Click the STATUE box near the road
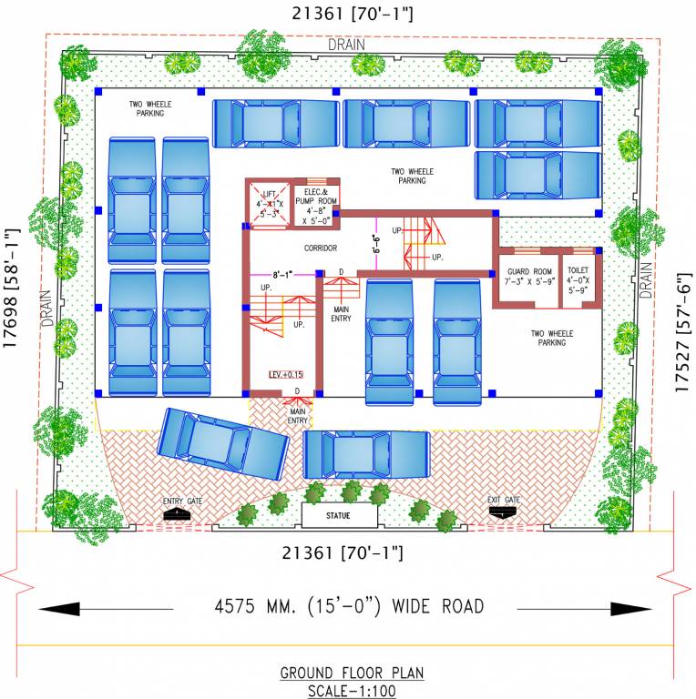tap(339, 515)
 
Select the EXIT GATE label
tap(503, 501)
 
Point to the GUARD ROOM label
tap(530, 277)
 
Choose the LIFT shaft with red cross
tap(269, 205)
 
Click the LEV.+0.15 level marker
tap(285, 374)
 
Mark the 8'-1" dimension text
tap(284, 274)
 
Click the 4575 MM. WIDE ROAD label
tap(349, 606)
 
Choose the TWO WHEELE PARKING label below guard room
tap(552, 339)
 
